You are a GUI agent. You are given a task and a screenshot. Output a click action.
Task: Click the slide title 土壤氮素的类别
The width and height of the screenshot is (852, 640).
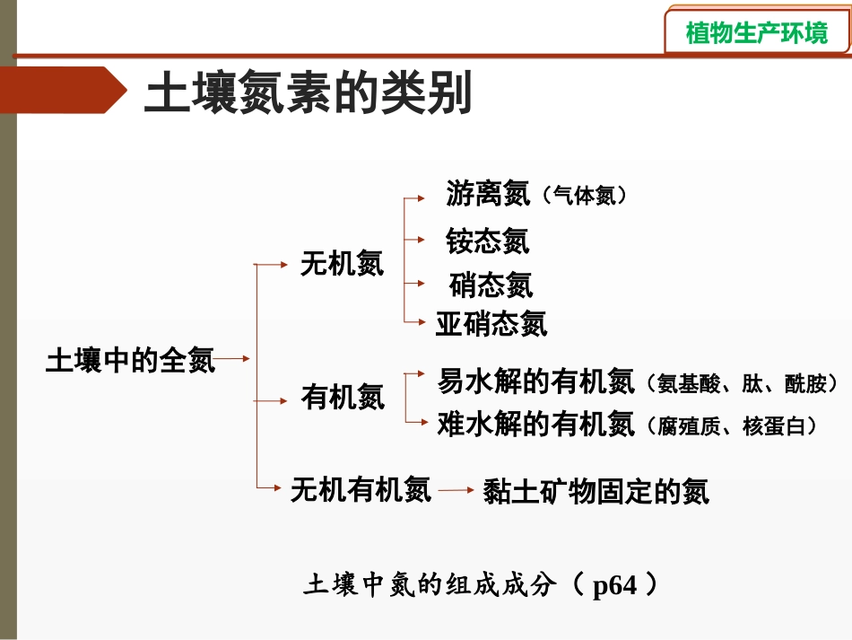pyautogui.click(x=308, y=93)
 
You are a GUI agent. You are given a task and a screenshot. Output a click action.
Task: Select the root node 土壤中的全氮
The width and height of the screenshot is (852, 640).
pyautogui.click(x=130, y=361)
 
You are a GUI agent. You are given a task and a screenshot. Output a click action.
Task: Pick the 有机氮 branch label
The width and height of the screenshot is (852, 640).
pyautogui.click(x=342, y=396)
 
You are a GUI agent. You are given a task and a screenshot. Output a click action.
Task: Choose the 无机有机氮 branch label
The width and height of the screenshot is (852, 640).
pyautogui.click(x=361, y=489)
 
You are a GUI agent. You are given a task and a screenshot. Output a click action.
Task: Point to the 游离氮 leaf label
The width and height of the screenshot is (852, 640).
pyautogui.click(x=488, y=193)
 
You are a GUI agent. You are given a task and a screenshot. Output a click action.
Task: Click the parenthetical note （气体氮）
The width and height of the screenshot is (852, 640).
pyautogui.click(x=584, y=196)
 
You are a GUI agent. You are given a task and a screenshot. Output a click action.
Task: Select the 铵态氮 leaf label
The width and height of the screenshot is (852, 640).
pyautogui.click(x=488, y=241)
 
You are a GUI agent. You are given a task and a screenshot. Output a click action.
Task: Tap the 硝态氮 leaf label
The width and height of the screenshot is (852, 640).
pyautogui.click(x=491, y=285)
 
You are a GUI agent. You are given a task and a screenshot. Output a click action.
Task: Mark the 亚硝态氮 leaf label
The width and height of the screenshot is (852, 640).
pyautogui.click(x=491, y=323)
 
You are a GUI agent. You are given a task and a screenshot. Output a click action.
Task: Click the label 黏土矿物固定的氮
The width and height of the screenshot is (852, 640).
pyautogui.click(x=596, y=491)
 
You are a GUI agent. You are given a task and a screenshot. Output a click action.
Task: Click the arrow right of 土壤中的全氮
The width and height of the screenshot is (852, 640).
pyautogui.click(x=233, y=360)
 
